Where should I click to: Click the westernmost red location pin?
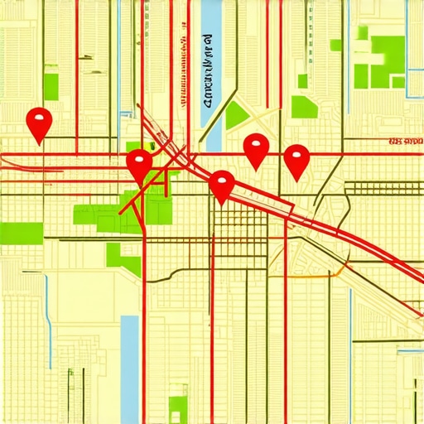pos(39,123)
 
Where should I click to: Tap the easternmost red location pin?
pos(296,159)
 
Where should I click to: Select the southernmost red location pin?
pos(221,185)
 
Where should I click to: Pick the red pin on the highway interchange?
pos(139,163)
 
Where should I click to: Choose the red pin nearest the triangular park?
pos(257,149)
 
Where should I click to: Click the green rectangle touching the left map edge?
pos(21,233)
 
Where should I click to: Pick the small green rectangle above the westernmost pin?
pos(51,86)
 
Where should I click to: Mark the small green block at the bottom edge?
pos(178,407)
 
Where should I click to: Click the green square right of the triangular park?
pos(304,107)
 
